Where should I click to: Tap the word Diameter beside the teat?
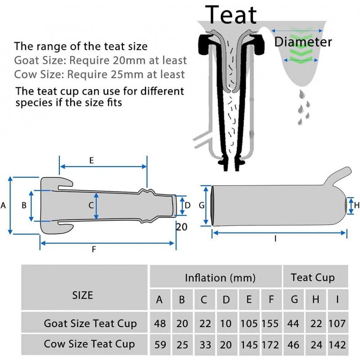(x=303, y=42)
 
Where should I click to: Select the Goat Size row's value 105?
(x=249, y=323)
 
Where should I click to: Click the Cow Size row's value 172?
(x=270, y=345)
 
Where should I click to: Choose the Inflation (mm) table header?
(x=220, y=278)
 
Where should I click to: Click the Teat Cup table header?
(x=313, y=277)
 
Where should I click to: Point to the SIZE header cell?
(x=83, y=295)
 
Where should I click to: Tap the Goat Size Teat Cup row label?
(x=90, y=323)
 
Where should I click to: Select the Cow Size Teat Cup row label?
(x=89, y=345)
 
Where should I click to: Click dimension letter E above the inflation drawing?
(x=91, y=160)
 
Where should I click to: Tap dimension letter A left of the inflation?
(x=4, y=205)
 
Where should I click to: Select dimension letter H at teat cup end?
(x=356, y=205)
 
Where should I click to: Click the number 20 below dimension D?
(x=181, y=227)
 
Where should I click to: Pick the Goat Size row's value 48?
(x=160, y=323)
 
